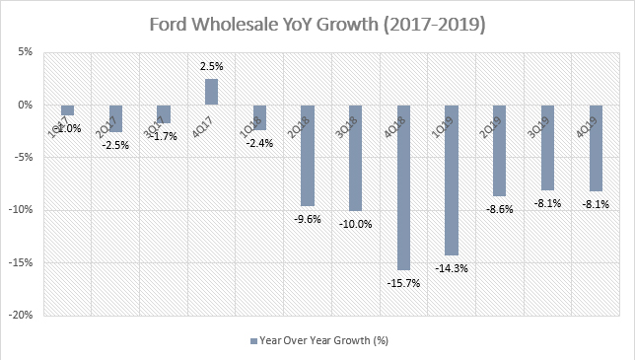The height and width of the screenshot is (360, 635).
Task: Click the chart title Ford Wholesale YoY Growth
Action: coord(317,22)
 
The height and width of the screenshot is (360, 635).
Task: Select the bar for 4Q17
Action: coord(211,92)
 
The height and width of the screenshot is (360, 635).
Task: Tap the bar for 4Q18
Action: coord(404,186)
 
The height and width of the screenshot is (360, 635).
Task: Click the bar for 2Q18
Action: coord(308,155)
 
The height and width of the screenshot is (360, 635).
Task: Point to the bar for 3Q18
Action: coord(356,157)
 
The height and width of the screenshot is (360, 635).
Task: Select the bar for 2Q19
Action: coord(500,150)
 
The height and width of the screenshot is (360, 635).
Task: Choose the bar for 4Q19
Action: coord(597,147)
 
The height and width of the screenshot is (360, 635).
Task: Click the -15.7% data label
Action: coord(403,281)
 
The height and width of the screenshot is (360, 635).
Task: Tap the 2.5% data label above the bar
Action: coord(212,66)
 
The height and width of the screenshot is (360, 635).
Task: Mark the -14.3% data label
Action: coord(452,266)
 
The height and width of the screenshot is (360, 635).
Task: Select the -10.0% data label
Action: coord(356,222)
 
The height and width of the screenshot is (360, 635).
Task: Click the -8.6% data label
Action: coord(500,208)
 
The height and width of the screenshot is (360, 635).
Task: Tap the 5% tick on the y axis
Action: coord(31,52)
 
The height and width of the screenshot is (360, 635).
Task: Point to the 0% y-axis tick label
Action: coord(31,105)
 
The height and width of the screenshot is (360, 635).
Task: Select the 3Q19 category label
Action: coord(548,110)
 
